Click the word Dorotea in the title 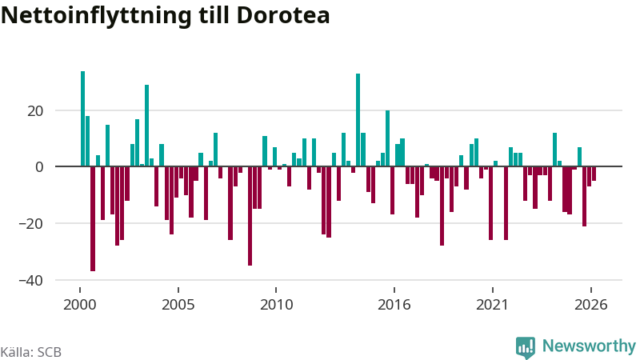[x=282, y=15]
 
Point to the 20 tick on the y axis [x=35, y=111]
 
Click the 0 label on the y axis [x=39, y=167]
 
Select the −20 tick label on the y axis [x=30, y=224]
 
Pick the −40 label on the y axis [x=30, y=281]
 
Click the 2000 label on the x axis [x=80, y=305]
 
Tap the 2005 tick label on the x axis [x=178, y=305]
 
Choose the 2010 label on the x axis [x=276, y=305]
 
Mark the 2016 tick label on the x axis [x=394, y=305]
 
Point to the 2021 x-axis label [x=493, y=305]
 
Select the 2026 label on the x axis [x=591, y=305]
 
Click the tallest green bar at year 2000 [x=83, y=118]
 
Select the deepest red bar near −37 [x=93, y=218]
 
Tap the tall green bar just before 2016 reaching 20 [x=388, y=138]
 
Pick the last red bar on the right [x=594, y=174]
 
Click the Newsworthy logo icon [x=526, y=348]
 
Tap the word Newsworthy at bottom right [x=589, y=346]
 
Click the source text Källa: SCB [x=31, y=352]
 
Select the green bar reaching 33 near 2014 [x=358, y=120]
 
